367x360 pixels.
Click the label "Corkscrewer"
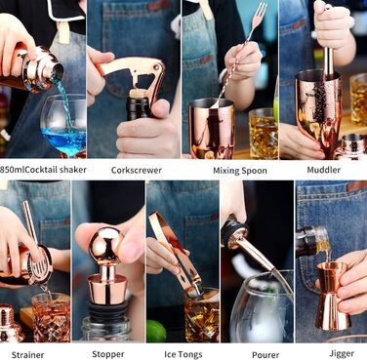coord(137,170)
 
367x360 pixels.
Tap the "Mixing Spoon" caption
coord(240,171)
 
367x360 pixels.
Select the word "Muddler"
coord(323,170)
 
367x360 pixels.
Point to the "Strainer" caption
coord(27,355)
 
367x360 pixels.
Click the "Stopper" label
coord(108,354)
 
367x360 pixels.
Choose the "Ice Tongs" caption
coord(183,354)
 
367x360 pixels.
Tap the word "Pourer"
coord(265,355)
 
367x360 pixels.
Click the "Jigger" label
coord(342,354)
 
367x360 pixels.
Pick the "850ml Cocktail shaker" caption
coord(43,170)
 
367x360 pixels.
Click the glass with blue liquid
coord(63,125)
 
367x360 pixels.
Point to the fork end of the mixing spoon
coord(259,14)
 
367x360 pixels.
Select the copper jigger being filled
coord(333,296)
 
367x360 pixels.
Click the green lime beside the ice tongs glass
coord(156,331)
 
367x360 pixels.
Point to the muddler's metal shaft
coord(328,63)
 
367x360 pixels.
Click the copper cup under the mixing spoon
coord(212,129)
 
